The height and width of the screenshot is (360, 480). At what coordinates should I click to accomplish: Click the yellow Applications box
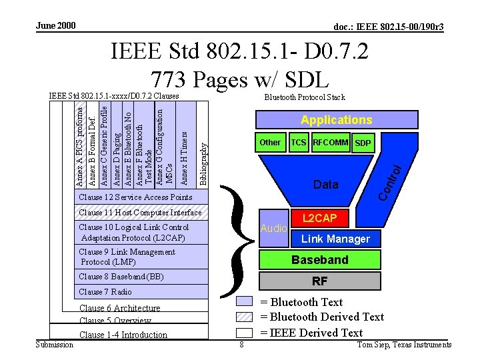[x=336, y=120]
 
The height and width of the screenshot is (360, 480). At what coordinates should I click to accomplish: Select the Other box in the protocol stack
[x=270, y=143]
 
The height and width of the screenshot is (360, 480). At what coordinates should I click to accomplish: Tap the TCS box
[x=299, y=143]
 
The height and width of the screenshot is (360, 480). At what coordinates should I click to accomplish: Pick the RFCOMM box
[x=331, y=143]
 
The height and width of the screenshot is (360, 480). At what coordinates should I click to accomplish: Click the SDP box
[x=363, y=143]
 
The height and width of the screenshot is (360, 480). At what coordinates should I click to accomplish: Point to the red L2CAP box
[x=320, y=219]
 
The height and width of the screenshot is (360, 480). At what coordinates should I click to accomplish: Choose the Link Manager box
[x=335, y=238]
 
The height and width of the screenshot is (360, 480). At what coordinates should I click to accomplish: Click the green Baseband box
[x=320, y=259]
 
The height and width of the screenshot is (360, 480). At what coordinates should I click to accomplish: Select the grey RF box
[x=320, y=281]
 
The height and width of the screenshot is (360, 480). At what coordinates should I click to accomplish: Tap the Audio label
[x=273, y=228]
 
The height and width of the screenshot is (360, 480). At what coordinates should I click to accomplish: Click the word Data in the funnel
[x=326, y=185]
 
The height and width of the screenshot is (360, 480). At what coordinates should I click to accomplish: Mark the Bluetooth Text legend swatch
[x=245, y=302]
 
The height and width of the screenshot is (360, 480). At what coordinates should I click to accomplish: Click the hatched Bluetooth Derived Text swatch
[x=245, y=317]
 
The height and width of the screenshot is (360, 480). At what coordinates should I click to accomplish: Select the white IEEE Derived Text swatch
[x=245, y=332]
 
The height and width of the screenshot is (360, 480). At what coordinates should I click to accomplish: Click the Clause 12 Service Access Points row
[x=140, y=197]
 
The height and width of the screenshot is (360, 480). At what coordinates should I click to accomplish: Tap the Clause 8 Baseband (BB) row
[x=140, y=277]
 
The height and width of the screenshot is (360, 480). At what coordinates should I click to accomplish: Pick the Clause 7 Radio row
[x=140, y=291]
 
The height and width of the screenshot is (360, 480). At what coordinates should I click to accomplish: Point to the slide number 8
[x=241, y=345]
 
